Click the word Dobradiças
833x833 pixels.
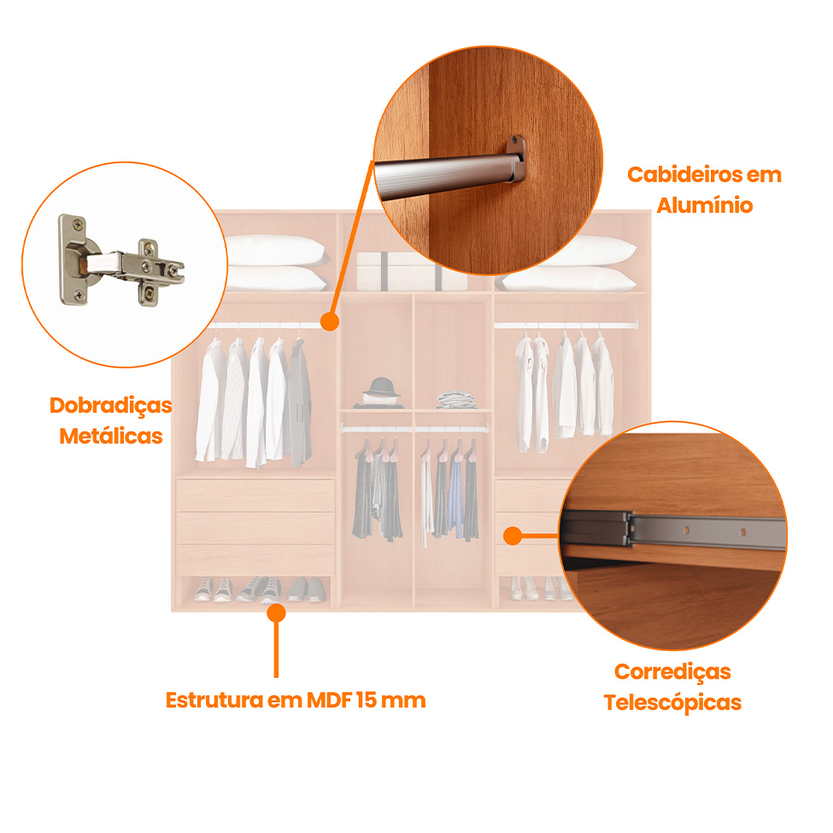click(x=110, y=405)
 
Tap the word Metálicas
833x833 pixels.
click(x=110, y=436)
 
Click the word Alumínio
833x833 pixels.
click(x=704, y=206)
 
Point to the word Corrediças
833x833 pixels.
click(x=672, y=672)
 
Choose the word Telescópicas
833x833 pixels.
click(x=672, y=703)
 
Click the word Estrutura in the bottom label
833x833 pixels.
click(x=214, y=701)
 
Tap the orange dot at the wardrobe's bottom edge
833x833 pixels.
click(x=275, y=612)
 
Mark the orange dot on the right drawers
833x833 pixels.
click(x=512, y=536)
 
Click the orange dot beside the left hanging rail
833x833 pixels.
click(x=329, y=321)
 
